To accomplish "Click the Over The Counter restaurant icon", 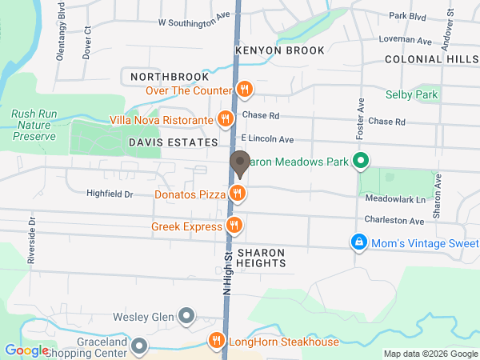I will click(x=245, y=90).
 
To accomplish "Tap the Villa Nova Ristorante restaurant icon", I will click(x=226, y=121).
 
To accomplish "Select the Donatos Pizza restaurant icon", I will click(x=237, y=193).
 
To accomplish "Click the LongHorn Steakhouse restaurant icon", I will click(x=216, y=342).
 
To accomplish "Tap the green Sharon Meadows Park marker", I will click(x=360, y=162).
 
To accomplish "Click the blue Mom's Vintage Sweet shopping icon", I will click(x=360, y=242).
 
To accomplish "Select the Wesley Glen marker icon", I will click(x=186, y=316).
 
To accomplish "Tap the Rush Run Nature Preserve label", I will click(x=34, y=125).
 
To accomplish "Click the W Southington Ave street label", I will click(x=194, y=23).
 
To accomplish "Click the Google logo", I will click(x=26, y=350).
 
